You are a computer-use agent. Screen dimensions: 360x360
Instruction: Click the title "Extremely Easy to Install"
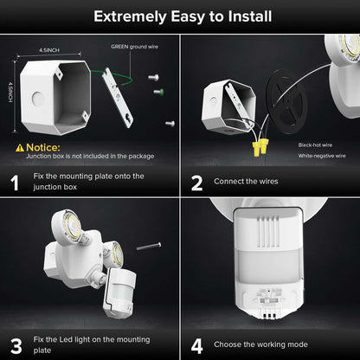pos(180,16)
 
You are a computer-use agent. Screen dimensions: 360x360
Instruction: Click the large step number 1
pos(15,183)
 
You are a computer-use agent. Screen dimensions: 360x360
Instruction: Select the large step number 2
pos(196,183)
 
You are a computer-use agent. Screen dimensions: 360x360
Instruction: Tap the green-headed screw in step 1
pos(157,91)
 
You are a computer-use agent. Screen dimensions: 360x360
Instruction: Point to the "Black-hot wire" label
pos(315,144)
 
